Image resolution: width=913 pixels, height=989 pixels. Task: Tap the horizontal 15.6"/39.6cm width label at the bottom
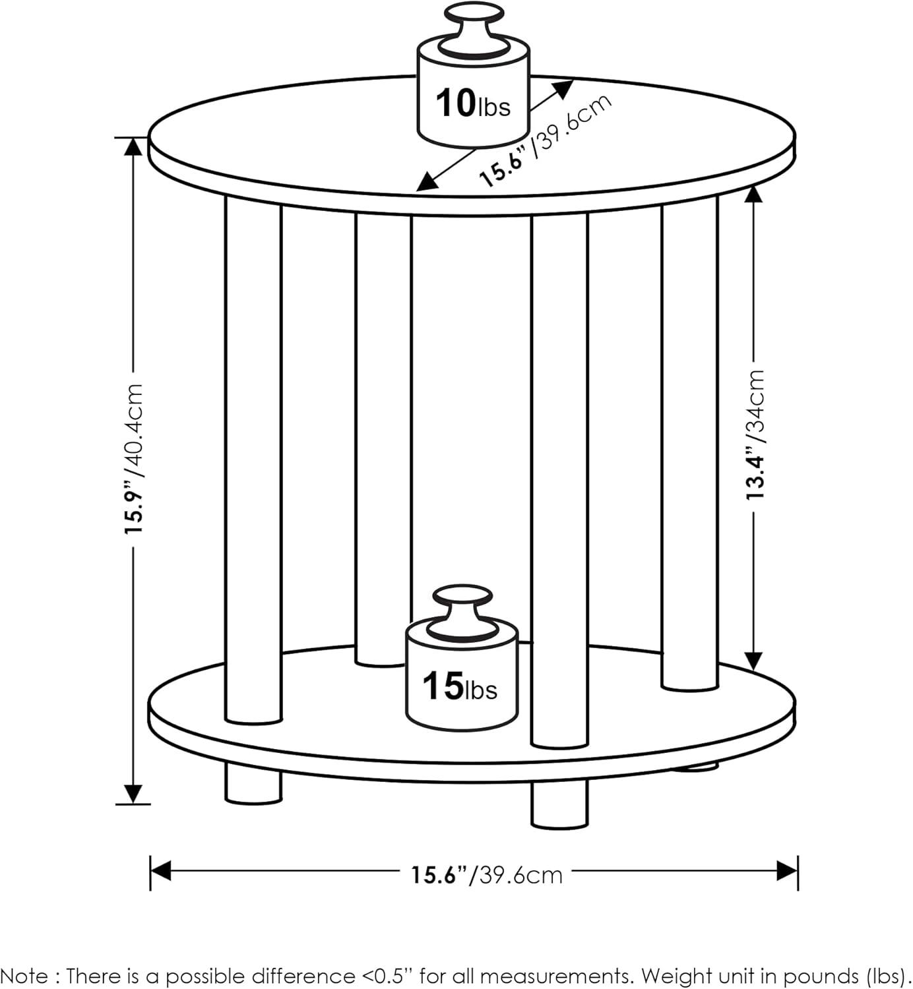click(x=487, y=874)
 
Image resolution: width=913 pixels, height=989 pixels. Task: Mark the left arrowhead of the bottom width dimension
click(x=160, y=870)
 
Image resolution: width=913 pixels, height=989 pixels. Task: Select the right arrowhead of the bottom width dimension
click(x=788, y=870)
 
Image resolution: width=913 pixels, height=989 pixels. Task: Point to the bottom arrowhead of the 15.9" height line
click(x=133, y=794)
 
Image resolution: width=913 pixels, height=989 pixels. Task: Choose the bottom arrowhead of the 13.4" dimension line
click(x=753, y=661)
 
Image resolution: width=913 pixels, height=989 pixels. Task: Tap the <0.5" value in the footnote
click(x=385, y=975)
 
